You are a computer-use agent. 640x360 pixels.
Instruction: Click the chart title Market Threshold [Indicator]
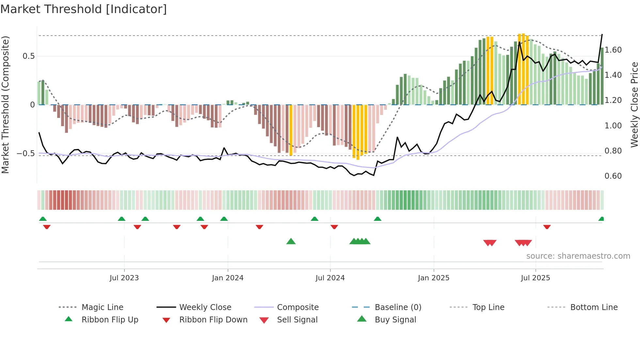tap(84, 9)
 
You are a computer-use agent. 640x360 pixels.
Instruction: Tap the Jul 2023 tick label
tap(124, 278)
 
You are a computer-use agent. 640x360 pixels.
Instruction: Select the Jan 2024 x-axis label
tap(228, 278)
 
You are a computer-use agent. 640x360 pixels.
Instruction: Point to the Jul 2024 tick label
tap(330, 278)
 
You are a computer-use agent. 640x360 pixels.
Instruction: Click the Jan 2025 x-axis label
tap(434, 278)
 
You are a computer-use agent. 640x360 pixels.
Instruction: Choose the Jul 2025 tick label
tap(536, 278)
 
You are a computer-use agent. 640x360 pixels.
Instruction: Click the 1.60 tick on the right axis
tap(613, 50)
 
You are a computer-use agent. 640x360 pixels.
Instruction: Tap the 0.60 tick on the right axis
tap(613, 176)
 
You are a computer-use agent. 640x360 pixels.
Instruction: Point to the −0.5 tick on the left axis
tap(25, 154)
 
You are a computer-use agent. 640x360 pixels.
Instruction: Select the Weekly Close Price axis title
tap(634, 105)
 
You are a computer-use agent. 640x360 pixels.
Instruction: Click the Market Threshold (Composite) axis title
tap(5, 105)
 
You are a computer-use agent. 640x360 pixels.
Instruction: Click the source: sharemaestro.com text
tap(578, 256)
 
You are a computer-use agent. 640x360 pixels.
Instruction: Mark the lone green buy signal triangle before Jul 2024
tap(291, 241)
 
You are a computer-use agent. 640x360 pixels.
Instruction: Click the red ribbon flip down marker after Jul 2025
tap(547, 227)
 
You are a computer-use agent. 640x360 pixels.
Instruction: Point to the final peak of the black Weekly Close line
tap(602, 35)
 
